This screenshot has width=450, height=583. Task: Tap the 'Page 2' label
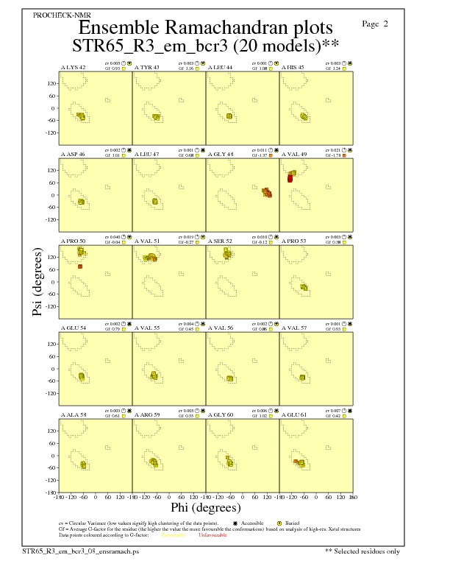point(375,24)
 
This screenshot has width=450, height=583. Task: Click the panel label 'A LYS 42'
point(74,68)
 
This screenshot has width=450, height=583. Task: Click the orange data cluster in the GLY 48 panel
point(267,193)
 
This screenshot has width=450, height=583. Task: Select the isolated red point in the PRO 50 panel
point(79,266)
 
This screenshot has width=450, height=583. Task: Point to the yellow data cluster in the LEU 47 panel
point(154,202)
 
